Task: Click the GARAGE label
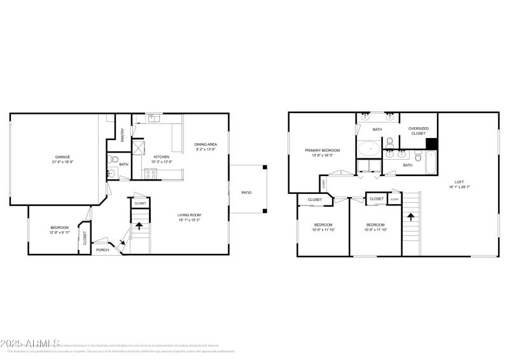coord(62,156)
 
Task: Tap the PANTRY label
coord(123,135)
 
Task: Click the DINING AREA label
coord(206,144)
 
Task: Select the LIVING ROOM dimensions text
coord(190,220)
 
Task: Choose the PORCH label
coord(102,250)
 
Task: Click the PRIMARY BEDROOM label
coord(322,150)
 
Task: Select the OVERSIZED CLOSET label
coord(418,130)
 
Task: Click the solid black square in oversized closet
coord(431,144)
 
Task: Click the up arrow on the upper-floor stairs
coord(411,217)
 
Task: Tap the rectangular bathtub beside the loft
coord(431,163)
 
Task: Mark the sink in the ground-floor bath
coord(111,173)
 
